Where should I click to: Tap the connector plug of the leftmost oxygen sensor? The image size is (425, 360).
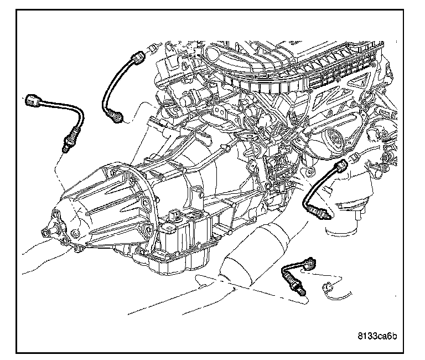click(33, 100)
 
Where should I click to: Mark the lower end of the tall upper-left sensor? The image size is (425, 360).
click(116, 117)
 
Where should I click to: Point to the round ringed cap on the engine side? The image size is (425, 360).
click(335, 136)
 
